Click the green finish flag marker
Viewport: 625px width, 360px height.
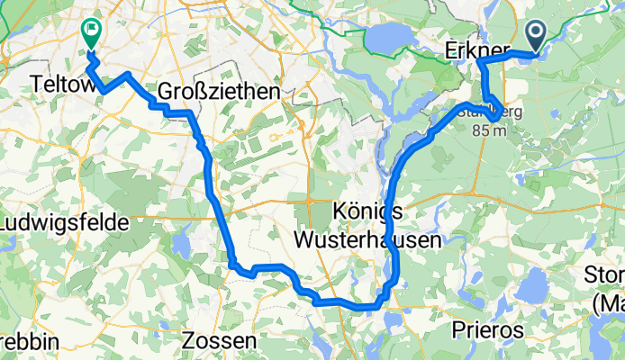tap(91, 33)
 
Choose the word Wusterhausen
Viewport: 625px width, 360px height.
tap(368, 240)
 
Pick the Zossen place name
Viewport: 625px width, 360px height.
tap(220, 341)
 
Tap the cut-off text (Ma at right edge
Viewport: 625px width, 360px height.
tap(609, 304)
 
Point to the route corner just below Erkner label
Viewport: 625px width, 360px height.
tap(482, 64)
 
